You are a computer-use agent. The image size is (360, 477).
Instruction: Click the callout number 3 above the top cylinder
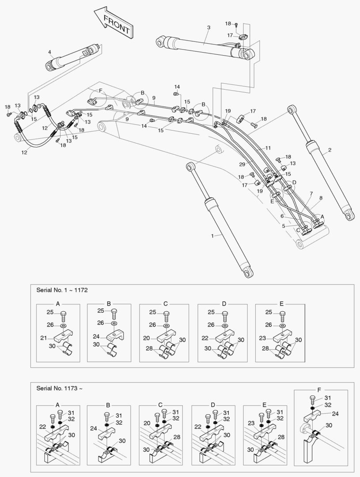point(208,28)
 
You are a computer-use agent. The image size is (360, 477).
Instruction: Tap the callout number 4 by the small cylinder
point(49,52)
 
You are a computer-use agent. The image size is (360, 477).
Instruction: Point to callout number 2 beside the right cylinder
point(330,150)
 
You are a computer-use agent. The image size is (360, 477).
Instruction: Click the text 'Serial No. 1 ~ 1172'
point(62,290)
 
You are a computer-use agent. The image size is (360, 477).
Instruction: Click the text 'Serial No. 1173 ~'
point(59,388)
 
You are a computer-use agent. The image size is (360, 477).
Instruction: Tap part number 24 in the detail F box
point(335,414)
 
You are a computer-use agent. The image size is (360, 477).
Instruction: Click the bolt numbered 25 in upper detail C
point(166,316)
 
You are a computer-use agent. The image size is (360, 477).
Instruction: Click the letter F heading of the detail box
point(319,390)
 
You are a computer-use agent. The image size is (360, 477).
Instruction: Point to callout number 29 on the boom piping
point(242,164)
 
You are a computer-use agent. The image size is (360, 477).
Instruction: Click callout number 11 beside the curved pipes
point(268,148)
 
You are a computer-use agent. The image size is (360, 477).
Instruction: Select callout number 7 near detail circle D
point(311,193)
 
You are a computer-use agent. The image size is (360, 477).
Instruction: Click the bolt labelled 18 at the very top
point(236,24)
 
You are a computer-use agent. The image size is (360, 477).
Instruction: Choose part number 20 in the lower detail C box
point(147,423)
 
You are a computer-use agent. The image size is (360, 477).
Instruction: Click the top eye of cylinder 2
point(292,110)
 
